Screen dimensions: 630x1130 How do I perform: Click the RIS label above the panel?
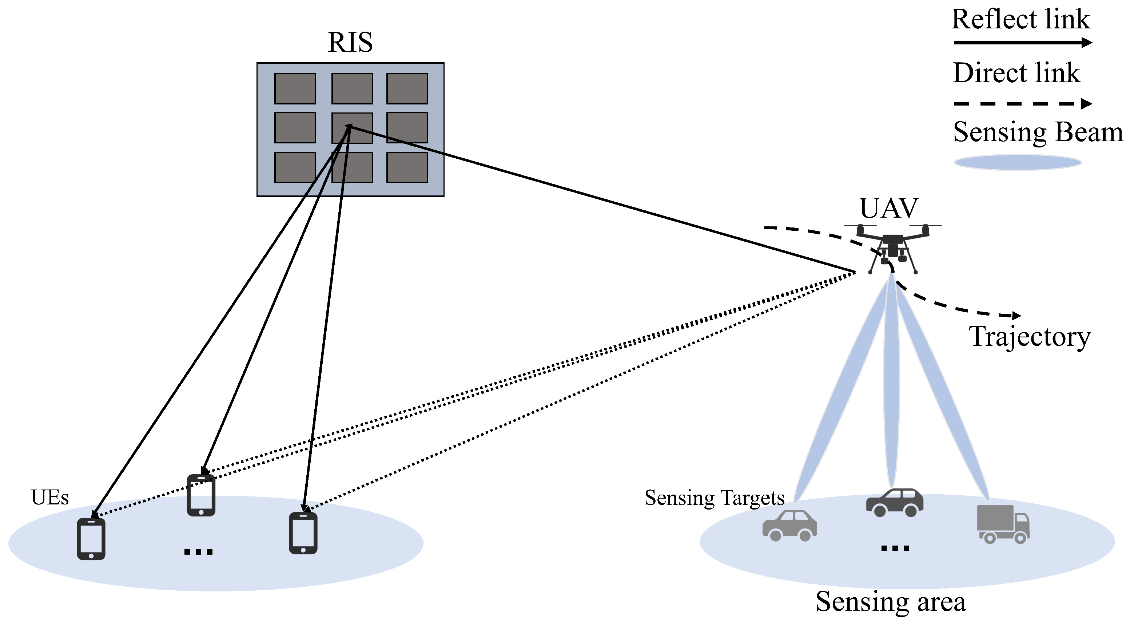click(x=350, y=43)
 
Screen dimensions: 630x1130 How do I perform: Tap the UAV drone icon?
click(x=893, y=248)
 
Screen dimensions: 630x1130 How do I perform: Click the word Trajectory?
click(x=1029, y=337)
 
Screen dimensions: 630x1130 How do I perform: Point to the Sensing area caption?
click(x=891, y=602)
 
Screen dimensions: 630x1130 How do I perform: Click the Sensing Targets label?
click(x=714, y=498)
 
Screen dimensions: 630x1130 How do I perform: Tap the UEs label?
click(x=49, y=498)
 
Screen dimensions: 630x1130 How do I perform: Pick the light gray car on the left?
click(x=789, y=526)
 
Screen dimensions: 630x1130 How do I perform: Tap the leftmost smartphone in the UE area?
click(x=91, y=539)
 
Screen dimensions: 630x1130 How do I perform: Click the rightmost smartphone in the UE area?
click(x=303, y=533)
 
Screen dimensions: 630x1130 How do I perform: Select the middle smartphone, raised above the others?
click(x=201, y=495)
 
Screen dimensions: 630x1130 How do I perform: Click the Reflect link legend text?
click(x=1020, y=19)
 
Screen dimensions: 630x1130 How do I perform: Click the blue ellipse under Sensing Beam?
click(x=1017, y=162)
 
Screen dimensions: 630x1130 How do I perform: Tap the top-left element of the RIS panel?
click(x=295, y=88)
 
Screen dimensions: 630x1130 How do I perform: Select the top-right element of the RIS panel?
click(x=407, y=88)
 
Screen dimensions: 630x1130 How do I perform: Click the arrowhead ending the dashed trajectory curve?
click(x=1016, y=316)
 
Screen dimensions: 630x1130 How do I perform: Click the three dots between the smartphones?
click(x=198, y=552)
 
